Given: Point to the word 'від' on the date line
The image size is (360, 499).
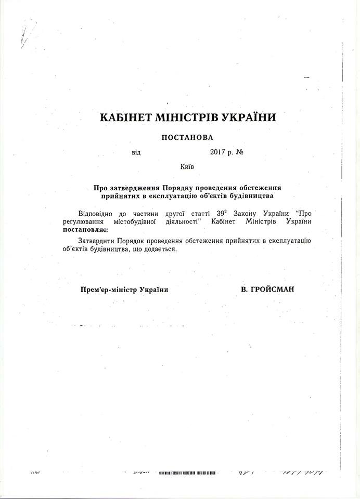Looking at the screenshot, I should (x=136, y=153).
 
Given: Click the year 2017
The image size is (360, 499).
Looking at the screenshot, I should (x=219, y=153).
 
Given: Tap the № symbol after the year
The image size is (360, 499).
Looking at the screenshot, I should (x=240, y=153).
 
